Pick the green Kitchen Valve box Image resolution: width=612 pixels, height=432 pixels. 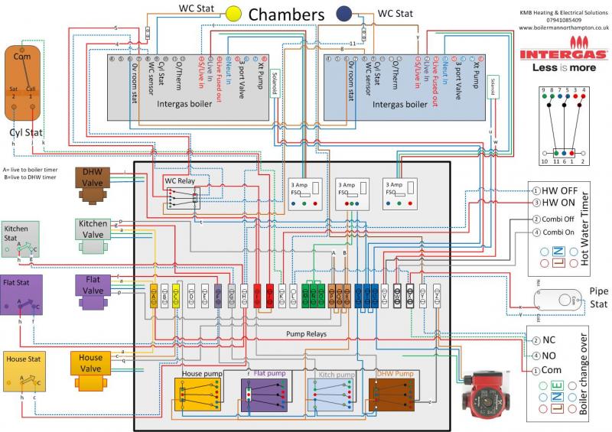point(93,229)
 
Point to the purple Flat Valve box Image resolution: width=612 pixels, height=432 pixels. point(93,287)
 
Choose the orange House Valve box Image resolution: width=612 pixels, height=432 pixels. point(90,364)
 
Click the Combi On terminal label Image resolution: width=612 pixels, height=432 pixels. point(558,232)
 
